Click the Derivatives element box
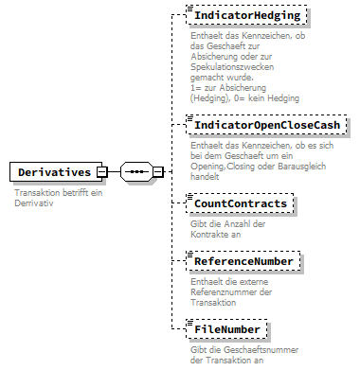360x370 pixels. point(54,172)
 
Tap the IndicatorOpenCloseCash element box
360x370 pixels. point(267,126)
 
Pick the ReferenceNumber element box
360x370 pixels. point(244,260)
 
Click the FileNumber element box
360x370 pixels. point(228,329)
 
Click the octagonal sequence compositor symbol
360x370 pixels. point(137,172)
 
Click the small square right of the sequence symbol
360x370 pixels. point(157,172)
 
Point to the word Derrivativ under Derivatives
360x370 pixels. point(35,203)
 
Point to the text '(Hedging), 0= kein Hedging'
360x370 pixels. point(245,98)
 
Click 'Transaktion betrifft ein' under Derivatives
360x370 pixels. point(58,193)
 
